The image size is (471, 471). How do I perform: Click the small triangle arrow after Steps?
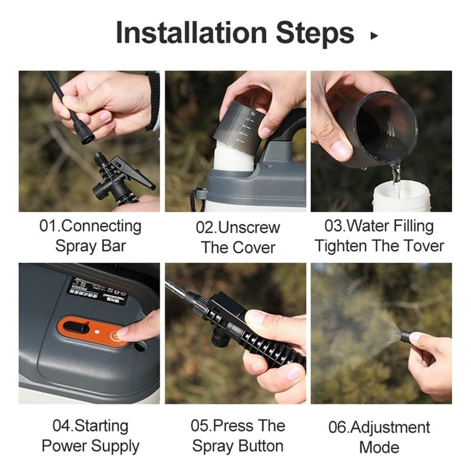[373, 36]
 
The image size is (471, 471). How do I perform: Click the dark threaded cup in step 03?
[377, 127]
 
